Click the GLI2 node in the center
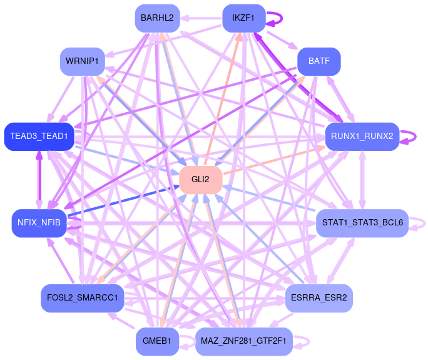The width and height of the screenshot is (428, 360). coord(201,179)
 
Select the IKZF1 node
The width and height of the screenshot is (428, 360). coord(243,18)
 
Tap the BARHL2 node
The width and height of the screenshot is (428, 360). coord(158,18)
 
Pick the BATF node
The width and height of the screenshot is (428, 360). coord(318,61)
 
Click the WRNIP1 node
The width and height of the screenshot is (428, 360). coord(82,61)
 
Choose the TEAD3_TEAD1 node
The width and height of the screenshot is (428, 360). coord(39,136)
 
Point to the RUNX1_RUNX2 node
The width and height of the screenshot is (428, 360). coord(362,136)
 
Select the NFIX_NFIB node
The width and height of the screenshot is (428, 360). coord(39,223)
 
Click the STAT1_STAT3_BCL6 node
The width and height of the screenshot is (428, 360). coord(362,223)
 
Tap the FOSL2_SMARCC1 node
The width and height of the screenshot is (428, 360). coord(82,297)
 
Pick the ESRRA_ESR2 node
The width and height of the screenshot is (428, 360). coord(318,297)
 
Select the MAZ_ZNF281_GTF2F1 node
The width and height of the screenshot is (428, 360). coord(243,341)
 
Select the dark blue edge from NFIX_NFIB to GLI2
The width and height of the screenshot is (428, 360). coord(125,200)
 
